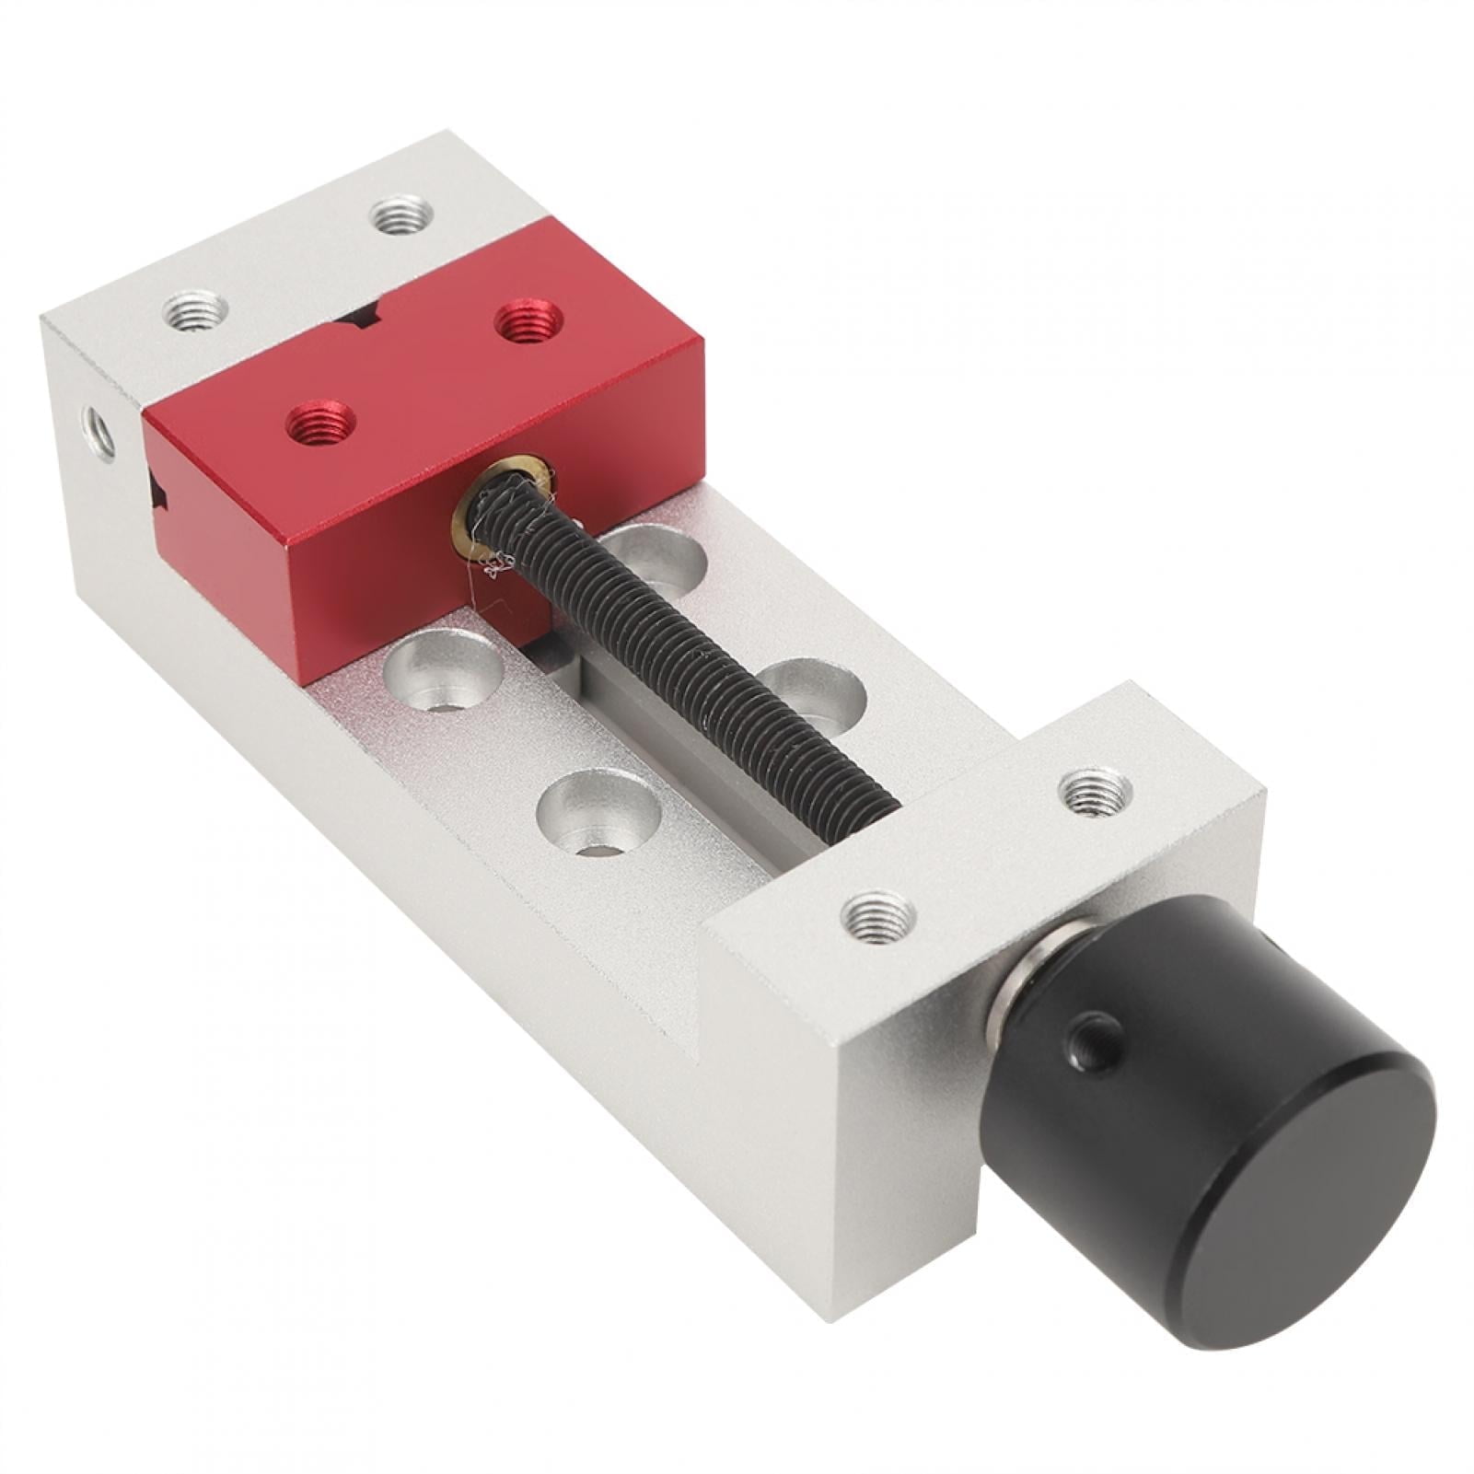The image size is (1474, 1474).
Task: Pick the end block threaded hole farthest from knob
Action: pyautogui.click(x=1095, y=790)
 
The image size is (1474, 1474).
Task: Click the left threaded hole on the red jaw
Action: pyautogui.click(x=320, y=424)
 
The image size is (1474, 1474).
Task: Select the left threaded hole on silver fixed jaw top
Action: pyautogui.click(x=195, y=310)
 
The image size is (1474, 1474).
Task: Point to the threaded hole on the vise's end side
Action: pyautogui.click(x=99, y=433)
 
